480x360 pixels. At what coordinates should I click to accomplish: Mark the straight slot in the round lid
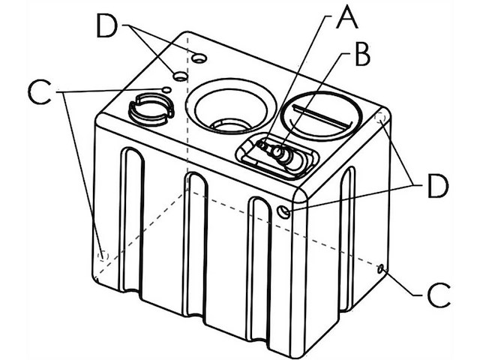coord(323,115)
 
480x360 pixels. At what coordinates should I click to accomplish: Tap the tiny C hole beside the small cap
coord(166,91)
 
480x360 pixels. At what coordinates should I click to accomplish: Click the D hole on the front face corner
coord(283,212)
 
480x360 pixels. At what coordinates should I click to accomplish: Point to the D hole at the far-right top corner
coord(380,118)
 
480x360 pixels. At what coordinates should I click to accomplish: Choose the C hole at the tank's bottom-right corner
coord(382,268)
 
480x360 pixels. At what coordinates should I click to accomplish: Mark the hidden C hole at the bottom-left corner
coord(103,255)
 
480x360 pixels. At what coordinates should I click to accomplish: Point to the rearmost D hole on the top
coord(199,58)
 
